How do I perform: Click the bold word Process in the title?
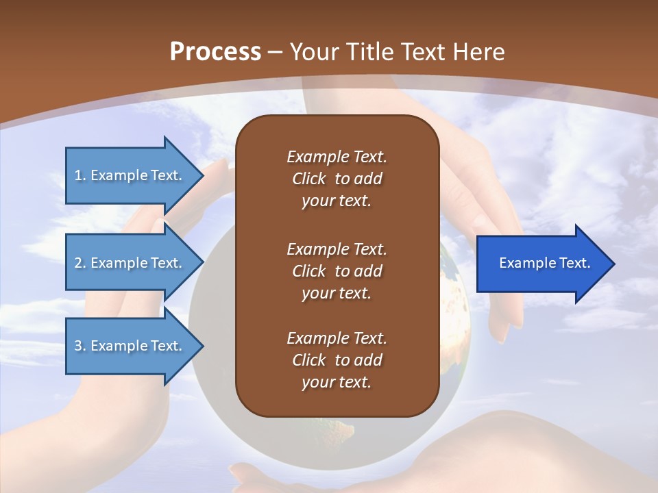point(215,51)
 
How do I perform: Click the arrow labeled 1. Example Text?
point(130,175)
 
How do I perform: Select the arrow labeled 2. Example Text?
point(130,263)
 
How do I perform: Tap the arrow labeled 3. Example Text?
point(130,346)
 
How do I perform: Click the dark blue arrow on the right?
point(541,263)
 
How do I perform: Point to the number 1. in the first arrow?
point(80,175)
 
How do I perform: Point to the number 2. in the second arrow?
point(80,263)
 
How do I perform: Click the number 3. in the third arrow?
point(80,346)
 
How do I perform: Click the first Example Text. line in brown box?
point(337,157)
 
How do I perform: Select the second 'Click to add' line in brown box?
point(337,271)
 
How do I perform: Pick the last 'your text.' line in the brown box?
point(337,382)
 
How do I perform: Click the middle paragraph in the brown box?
point(337,271)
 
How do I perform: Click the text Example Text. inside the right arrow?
point(544,263)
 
